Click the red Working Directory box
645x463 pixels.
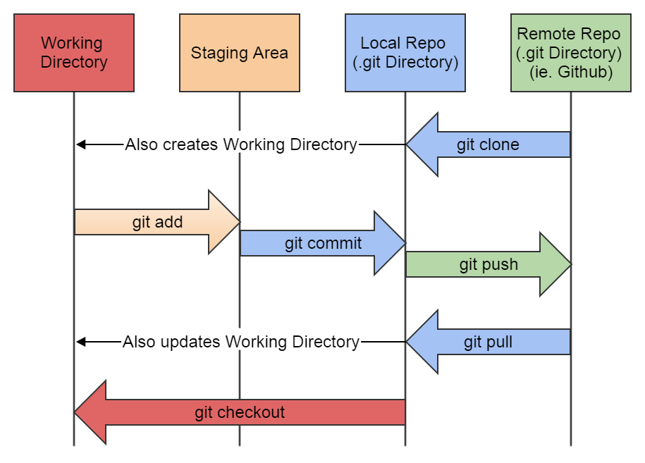click(74, 53)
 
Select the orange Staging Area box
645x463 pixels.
click(240, 53)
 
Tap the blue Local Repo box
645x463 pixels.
click(405, 53)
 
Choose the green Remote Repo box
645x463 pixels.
click(570, 53)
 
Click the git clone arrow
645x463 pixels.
click(488, 145)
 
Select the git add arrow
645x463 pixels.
click(157, 222)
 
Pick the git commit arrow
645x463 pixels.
click(323, 244)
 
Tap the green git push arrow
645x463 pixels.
click(489, 265)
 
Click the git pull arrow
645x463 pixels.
click(488, 342)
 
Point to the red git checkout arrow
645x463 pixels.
click(240, 412)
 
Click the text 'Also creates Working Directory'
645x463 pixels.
click(241, 145)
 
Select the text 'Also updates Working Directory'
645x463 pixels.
click(241, 342)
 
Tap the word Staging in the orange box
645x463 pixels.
click(214, 54)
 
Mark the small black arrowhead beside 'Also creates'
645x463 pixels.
click(81, 144)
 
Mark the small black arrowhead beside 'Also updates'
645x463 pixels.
click(81, 342)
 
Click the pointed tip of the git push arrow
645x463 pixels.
click(570, 265)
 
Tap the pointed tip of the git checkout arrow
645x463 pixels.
click(77, 412)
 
